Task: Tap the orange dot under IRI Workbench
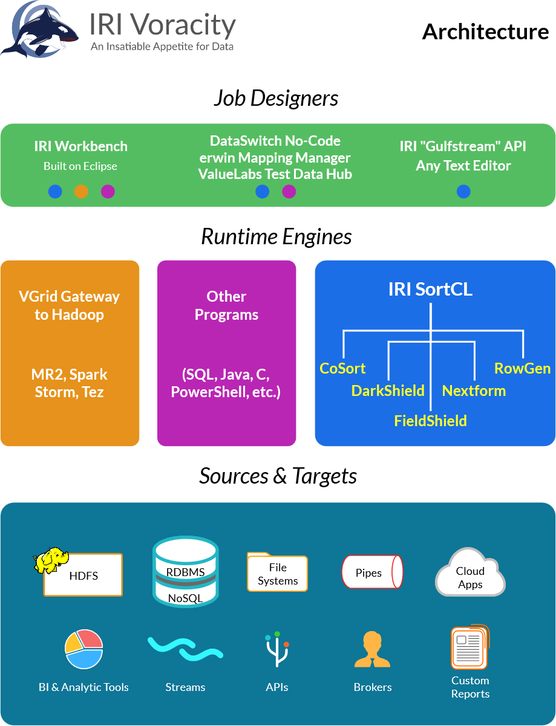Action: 81,192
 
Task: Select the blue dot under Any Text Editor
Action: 463,192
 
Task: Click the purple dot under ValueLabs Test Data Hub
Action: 289,192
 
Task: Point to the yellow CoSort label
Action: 342,368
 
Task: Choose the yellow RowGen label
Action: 522,368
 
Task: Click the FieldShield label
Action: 430,421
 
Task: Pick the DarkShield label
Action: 388,391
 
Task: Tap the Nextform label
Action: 474,391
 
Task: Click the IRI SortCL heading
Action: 430,289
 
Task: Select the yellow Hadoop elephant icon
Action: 51,560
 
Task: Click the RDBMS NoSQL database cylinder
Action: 185,572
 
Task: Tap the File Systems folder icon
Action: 277,572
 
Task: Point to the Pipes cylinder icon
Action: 372,572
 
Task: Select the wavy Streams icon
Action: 185,649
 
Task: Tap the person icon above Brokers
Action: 372,649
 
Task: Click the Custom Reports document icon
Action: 469,647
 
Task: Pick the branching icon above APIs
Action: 277,649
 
